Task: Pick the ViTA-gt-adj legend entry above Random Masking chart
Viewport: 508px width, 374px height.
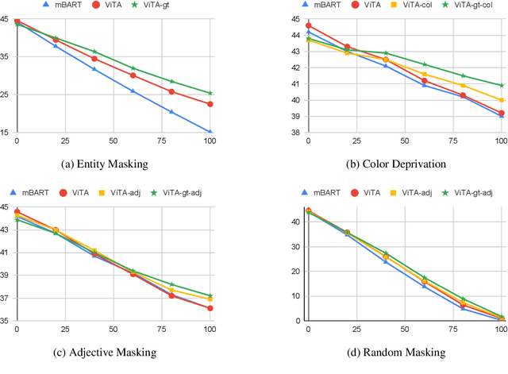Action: coord(468,192)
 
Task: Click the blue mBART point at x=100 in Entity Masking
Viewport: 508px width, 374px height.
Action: coord(210,133)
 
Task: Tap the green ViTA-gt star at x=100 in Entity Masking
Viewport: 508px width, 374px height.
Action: coord(210,93)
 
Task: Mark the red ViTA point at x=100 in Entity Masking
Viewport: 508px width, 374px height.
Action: coord(210,104)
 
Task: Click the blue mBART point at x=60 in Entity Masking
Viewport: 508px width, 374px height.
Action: coord(133,91)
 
